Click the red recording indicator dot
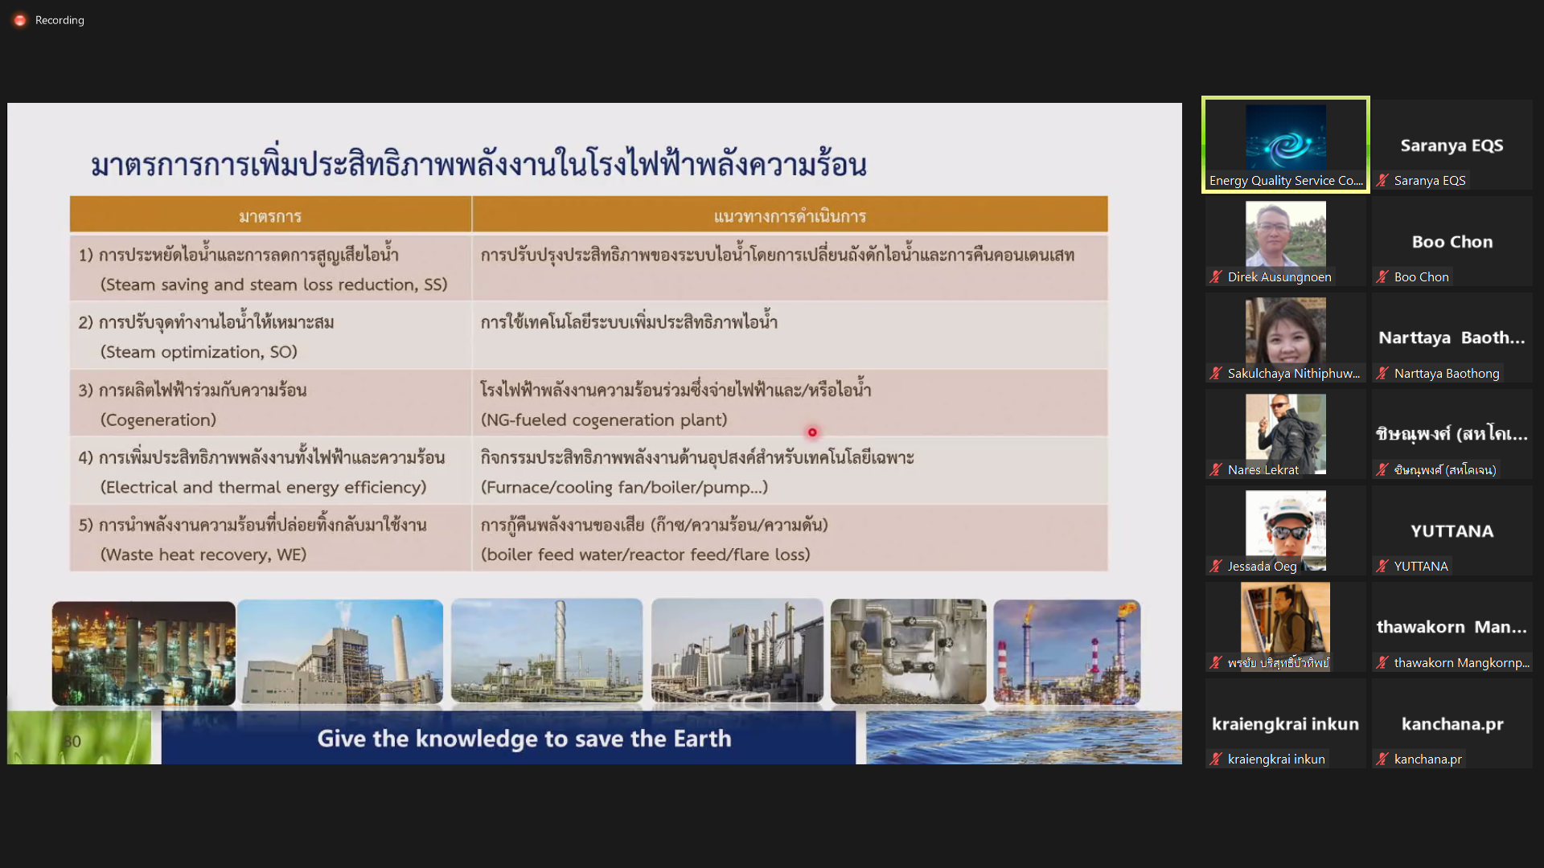tap(20, 20)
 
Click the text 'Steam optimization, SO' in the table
tap(199, 352)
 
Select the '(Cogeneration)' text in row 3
tap(158, 420)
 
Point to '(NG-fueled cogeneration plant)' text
tap(604, 420)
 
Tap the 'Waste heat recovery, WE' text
tap(203, 555)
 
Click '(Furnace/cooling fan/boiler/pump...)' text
tap(624, 487)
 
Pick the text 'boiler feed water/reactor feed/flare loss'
tap(646, 555)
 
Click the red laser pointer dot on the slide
tap(812, 432)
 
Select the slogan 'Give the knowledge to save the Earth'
tap(524, 739)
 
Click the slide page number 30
tap(72, 741)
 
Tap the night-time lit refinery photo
tap(144, 653)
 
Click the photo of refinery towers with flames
tap(1067, 652)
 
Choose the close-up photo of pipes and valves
tap(909, 652)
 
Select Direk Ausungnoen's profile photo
tap(1286, 234)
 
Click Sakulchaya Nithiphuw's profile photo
tap(1286, 330)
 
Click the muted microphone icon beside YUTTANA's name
tap(1382, 566)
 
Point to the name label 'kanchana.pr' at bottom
tap(1428, 759)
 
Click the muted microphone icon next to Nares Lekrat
tap(1216, 469)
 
